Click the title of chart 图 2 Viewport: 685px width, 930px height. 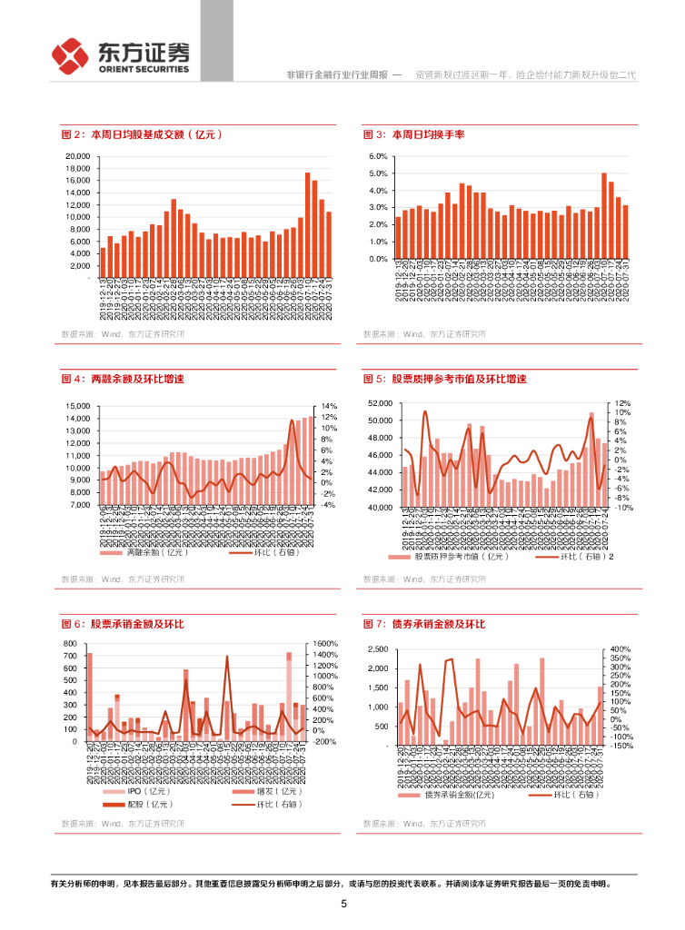(x=142, y=134)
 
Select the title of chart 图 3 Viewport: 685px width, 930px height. (x=414, y=134)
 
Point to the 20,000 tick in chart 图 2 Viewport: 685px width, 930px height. (x=77, y=156)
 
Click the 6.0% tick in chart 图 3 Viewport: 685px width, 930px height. (x=379, y=156)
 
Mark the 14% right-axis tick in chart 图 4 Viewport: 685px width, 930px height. (x=330, y=406)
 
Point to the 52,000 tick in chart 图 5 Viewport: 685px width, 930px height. (x=379, y=403)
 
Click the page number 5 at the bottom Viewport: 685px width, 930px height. (x=343, y=904)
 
